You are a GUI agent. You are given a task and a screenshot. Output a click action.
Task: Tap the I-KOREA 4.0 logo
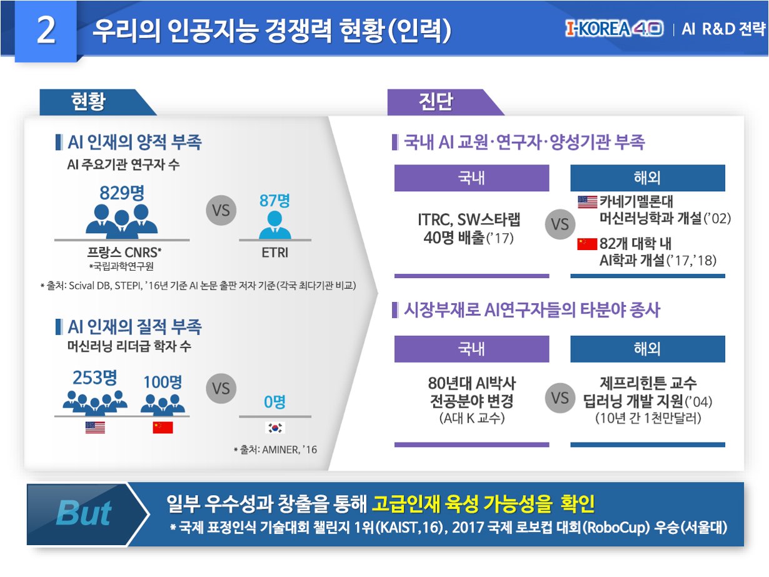coord(613,29)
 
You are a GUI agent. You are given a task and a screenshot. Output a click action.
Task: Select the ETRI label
coord(274,254)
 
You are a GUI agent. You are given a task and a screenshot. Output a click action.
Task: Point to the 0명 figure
coord(274,401)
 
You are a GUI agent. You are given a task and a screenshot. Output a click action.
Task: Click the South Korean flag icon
coord(275,428)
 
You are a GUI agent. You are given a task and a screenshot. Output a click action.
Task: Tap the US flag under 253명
coord(95,428)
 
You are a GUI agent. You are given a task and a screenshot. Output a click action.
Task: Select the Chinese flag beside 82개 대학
coord(587,244)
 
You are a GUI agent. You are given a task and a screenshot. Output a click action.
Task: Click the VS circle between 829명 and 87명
coord(221,211)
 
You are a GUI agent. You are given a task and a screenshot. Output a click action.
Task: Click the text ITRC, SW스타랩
coord(469,221)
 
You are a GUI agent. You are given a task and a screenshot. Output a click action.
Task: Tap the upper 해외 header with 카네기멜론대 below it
coord(647,178)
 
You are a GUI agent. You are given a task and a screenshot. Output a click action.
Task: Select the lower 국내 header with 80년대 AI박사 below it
coord(471,349)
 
